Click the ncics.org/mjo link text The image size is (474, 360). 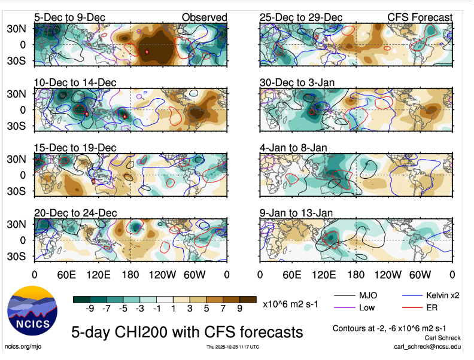click(x=23, y=347)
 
